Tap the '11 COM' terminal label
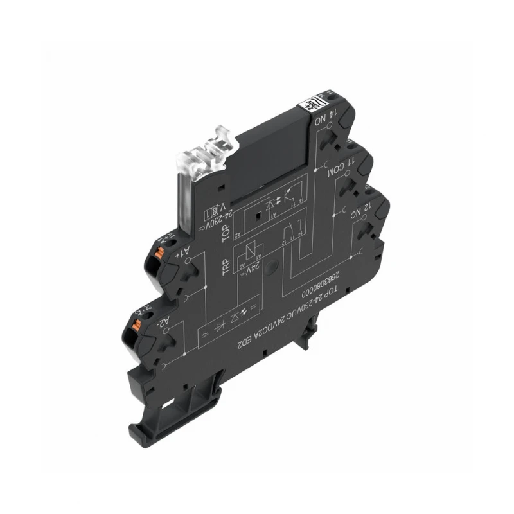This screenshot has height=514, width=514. point(338,166)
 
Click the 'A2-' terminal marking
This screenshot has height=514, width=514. point(165,321)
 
